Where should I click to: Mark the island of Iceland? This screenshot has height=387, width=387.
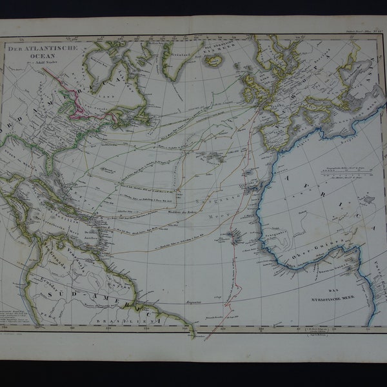point(213,60)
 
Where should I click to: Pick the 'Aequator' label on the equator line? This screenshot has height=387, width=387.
point(192,301)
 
